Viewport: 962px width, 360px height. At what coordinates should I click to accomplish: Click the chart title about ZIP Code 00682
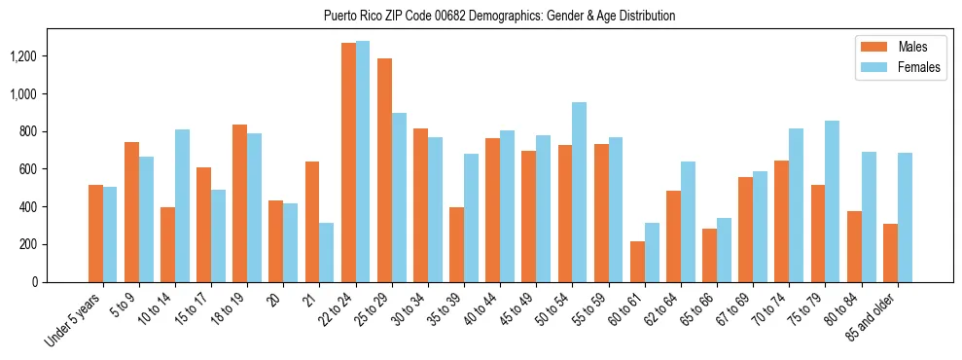(x=499, y=16)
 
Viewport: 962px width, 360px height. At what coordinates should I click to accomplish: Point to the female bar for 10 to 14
(x=182, y=205)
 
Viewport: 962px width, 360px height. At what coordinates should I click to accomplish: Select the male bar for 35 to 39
(x=456, y=244)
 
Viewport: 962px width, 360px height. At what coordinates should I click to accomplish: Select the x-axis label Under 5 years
(x=74, y=317)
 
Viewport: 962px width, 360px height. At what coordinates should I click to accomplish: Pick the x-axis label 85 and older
(x=874, y=317)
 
